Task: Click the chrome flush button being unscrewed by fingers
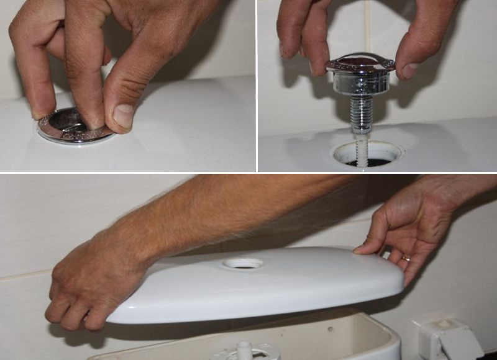point(68,127)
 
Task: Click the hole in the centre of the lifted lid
point(243,263)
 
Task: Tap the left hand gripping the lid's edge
point(87,292)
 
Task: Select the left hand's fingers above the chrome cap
point(304,31)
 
